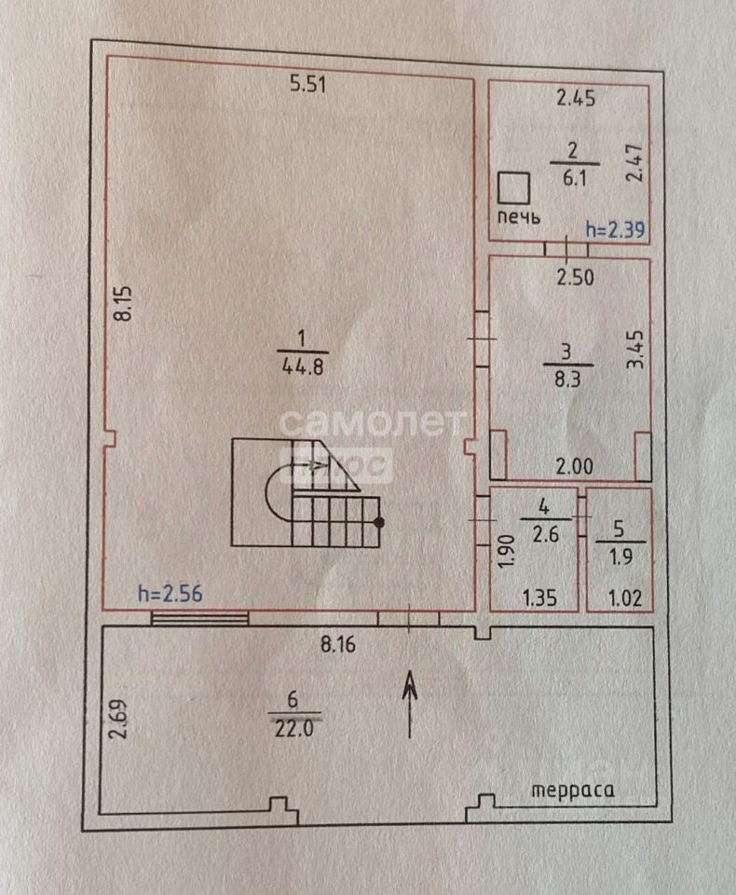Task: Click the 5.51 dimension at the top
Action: click(307, 85)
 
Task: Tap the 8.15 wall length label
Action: click(123, 303)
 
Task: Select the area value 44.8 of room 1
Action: click(303, 366)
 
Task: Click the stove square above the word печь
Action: click(513, 188)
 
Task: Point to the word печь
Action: click(519, 217)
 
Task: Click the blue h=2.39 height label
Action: click(615, 229)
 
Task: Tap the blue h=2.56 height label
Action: click(170, 594)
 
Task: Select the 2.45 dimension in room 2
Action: click(576, 98)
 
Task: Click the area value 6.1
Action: click(575, 178)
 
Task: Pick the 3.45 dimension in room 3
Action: click(635, 350)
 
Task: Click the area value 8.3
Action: click(567, 379)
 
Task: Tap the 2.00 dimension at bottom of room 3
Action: click(575, 467)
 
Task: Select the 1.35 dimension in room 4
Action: click(539, 599)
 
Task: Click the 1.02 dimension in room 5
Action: click(625, 599)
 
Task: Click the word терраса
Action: click(573, 791)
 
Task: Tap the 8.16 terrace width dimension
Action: click(338, 644)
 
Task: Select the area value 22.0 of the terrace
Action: click(294, 729)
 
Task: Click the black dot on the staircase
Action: click(379, 522)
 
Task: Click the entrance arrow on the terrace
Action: click(410, 705)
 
